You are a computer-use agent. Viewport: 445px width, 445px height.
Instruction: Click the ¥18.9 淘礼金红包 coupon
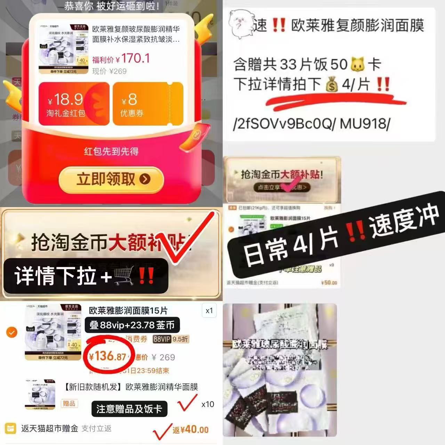pyautogui.click(x=74, y=104)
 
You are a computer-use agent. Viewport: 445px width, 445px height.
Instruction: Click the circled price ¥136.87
pyautogui.click(x=107, y=356)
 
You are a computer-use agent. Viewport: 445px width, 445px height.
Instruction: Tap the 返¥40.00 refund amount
pyautogui.click(x=191, y=430)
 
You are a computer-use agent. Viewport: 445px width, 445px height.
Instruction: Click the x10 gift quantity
pyautogui.click(x=208, y=404)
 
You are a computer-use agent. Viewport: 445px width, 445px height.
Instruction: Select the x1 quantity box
pyautogui.click(x=209, y=310)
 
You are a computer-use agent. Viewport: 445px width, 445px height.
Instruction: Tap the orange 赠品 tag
pyautogui.click(x=69, y=404)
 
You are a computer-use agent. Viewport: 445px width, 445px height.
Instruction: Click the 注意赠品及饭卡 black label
pyautogui.click(x=129, y=409)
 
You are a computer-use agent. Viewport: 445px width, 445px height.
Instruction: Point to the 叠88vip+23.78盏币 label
pyautogui.click(x=132, y=325)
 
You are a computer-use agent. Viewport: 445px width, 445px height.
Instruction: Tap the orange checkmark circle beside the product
pyautogui.click(x=12, y=332)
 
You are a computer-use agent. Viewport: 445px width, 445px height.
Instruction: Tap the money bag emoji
pyautogui.click(x=332, y=85)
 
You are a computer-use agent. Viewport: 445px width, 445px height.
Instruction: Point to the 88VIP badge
pyautogui.click(x=162, y=339)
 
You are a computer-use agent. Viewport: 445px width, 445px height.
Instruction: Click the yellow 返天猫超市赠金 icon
pyautogui.click(x=10, y=429)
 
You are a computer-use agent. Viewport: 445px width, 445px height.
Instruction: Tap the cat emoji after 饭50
pyautogui.click(x=359, y=64)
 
